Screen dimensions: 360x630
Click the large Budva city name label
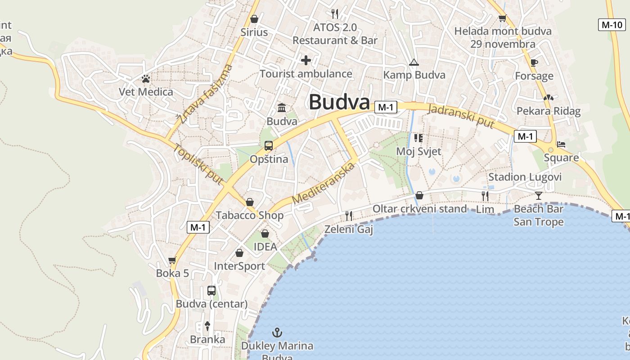coord(339,102)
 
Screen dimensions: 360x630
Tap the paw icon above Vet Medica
coord(145,79)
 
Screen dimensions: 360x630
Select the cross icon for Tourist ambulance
coord(306,60)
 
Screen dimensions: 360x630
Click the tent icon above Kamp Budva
coord(414,63)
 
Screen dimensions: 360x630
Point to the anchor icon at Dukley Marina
coord(278,333)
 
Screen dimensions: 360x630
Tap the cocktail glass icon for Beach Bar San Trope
coord(538,195)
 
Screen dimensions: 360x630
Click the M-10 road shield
coord(612,25)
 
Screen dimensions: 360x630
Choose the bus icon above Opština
coord(269,146)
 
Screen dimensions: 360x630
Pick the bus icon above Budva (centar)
coord(211,291)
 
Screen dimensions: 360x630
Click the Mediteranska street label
coord(324,183)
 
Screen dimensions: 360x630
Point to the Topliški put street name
coord(198,164)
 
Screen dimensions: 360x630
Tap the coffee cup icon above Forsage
coord(534,63)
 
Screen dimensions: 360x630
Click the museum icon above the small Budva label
coord(282,108)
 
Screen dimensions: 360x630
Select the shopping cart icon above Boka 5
coord(172,260)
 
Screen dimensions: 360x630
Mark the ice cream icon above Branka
coord(207,326)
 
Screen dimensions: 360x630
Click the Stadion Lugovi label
coord(525,177)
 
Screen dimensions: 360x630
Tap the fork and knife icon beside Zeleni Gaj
coord(349,216)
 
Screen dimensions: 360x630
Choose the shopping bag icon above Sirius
coord(254,19)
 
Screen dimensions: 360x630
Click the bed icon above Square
coord(561,144)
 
